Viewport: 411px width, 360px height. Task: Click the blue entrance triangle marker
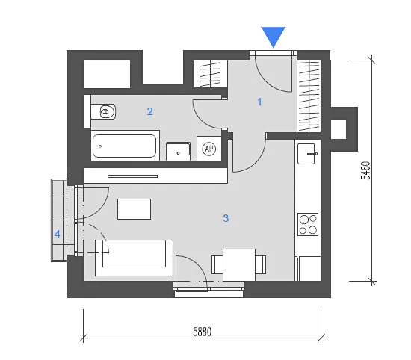(x=273, y=36)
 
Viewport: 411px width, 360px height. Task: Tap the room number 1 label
(x=259, y=102)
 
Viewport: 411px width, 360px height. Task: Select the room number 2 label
(x=149, y=111)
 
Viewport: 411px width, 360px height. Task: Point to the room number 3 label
(x=226, y=218)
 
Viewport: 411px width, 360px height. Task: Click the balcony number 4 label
(x=58, y=234)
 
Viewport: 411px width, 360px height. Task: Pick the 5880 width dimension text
(x=202, y=332)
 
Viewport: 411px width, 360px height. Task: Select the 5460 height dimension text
(x=366, y=170)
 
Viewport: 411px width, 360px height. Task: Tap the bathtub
(x=125, y=146)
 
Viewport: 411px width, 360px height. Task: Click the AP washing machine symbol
(x=209, y=149)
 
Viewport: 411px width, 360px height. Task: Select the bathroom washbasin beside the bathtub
(x=179, y=151)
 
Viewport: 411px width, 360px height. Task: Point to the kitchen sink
(x=306, y=154)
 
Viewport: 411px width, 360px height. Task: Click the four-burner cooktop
(x=308, y=224)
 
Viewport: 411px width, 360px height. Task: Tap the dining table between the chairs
(x=239, y=264)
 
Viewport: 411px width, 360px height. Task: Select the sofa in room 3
(x=134, y=258)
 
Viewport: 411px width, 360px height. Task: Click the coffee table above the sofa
(x=134, y=209)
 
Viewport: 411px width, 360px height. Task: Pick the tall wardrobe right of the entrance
(x=309, y=96)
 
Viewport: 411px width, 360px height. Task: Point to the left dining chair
(x=217, y=264)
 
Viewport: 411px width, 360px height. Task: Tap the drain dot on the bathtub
(x=100, y=146)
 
